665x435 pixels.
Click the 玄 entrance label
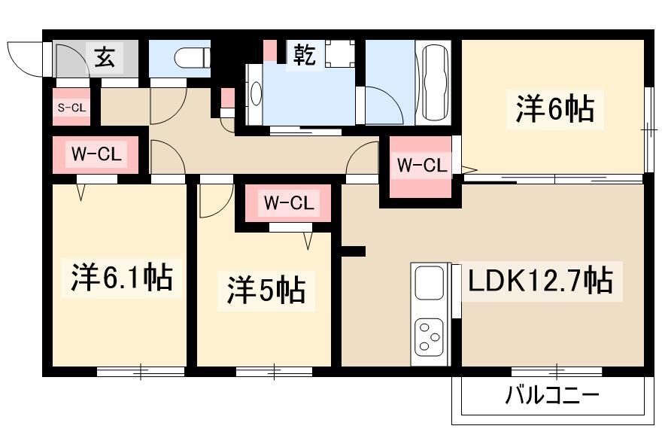105,56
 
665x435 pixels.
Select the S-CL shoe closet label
71,108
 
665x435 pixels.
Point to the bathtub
436,83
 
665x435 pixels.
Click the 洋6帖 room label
554,110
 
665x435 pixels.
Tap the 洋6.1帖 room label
122,278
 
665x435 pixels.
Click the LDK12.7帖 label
539,281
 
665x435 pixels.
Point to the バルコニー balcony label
552,395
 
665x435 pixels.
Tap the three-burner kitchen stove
430,336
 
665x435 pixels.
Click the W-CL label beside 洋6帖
421,166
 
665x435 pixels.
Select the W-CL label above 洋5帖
286,202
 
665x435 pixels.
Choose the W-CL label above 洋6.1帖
96,155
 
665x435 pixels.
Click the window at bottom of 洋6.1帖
141,370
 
